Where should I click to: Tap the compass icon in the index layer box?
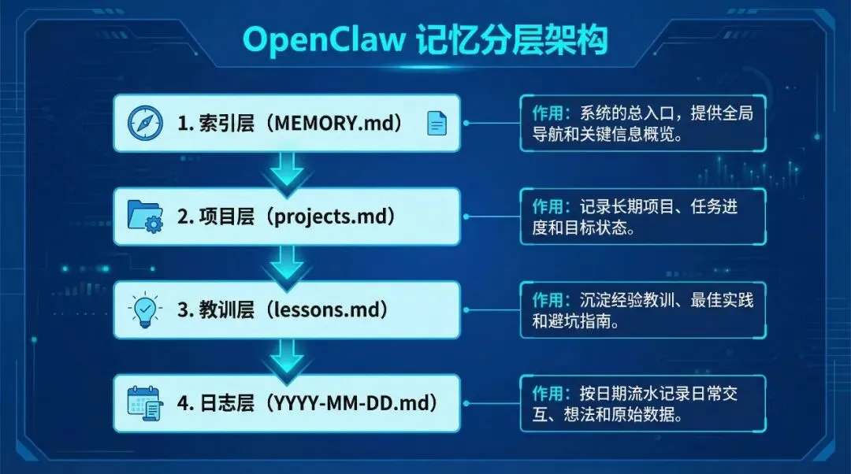146,124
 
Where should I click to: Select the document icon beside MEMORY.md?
437,123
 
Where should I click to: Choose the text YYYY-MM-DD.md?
352,403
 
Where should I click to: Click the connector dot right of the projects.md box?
466,217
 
